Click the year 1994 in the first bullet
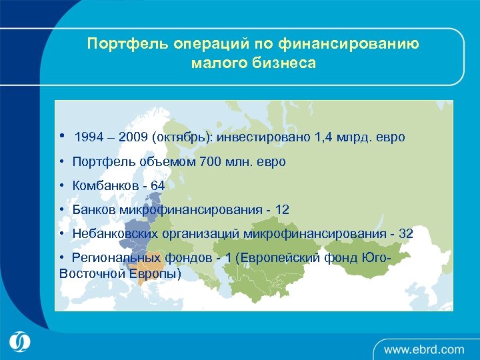pyautogui.click(x=89, y=137)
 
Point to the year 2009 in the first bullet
pyautogui.click(x=132, y=137)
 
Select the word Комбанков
pyautogui.click(x=103, y=186)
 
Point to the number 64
pyautogui.click(x=157, y=186)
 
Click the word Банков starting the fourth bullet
pyautogui.click(x=94, y=210)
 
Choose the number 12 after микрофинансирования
pyautogui.click(x=282, y=210)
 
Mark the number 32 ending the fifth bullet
pyautogui.click(x=405, y=234)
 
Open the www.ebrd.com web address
pyautogui.click(x=423, y=349)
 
